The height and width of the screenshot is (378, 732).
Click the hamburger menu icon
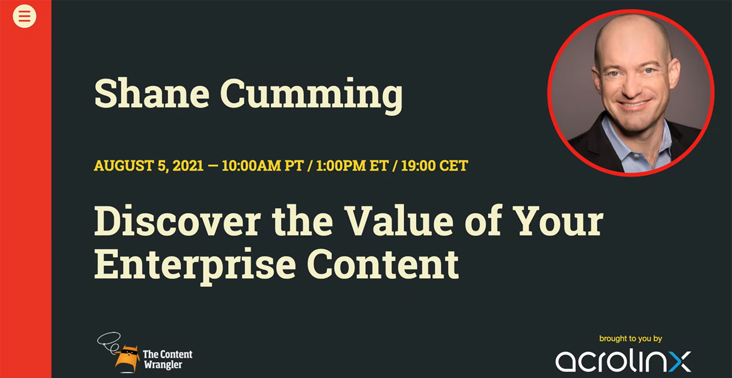point(24,16)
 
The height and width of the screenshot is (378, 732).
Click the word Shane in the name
point(152,93)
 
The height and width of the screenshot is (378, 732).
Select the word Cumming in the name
point(312,96)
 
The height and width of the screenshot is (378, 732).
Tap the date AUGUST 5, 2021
point(149,166)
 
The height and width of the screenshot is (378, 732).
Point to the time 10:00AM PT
point(263,166)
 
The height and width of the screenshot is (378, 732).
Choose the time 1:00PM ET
point(353,166)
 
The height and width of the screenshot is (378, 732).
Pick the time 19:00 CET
point(434,166)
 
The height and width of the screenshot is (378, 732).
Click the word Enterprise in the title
point(195,265)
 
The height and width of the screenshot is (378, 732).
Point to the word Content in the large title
point(383,263)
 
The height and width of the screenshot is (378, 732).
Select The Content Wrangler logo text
point(168,359)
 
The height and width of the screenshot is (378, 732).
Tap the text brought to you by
point(630,339)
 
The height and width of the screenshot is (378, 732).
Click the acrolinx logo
point(623,361)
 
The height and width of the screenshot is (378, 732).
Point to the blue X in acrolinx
point(680,361)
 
